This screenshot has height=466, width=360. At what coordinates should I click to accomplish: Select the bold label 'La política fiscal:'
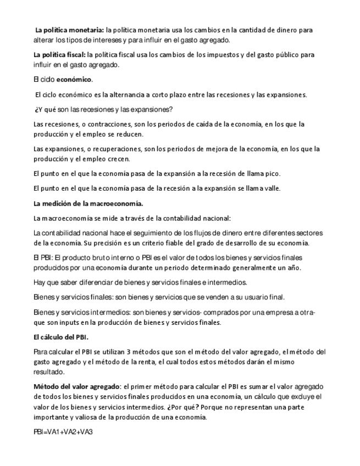click(59, 55)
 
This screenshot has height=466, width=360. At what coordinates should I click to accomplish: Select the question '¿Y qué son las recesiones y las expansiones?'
click(104, 109)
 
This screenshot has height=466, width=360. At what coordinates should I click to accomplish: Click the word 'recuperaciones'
click(108, 149)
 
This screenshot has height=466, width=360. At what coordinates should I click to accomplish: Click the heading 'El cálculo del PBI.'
click(61, 337)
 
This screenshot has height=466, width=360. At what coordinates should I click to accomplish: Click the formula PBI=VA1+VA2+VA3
click(63, 431)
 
